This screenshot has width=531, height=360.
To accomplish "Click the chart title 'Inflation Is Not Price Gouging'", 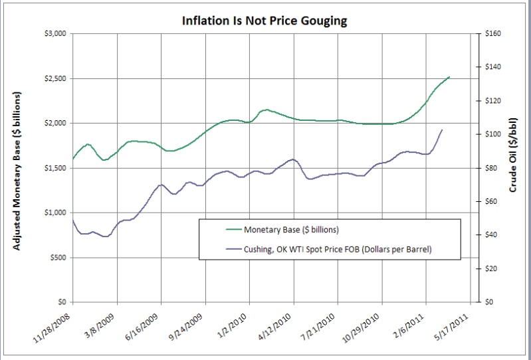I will point(265,21).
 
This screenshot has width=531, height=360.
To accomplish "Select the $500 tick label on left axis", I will point(57,257).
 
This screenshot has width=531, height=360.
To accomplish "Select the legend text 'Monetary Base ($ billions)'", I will point(292,230).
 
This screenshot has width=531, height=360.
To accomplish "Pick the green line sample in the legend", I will point(223,230).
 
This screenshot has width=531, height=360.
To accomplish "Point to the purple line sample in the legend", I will point(223,249).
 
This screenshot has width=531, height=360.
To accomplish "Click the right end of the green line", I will point(450,77).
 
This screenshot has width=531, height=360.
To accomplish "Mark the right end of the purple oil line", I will point(443,130).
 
